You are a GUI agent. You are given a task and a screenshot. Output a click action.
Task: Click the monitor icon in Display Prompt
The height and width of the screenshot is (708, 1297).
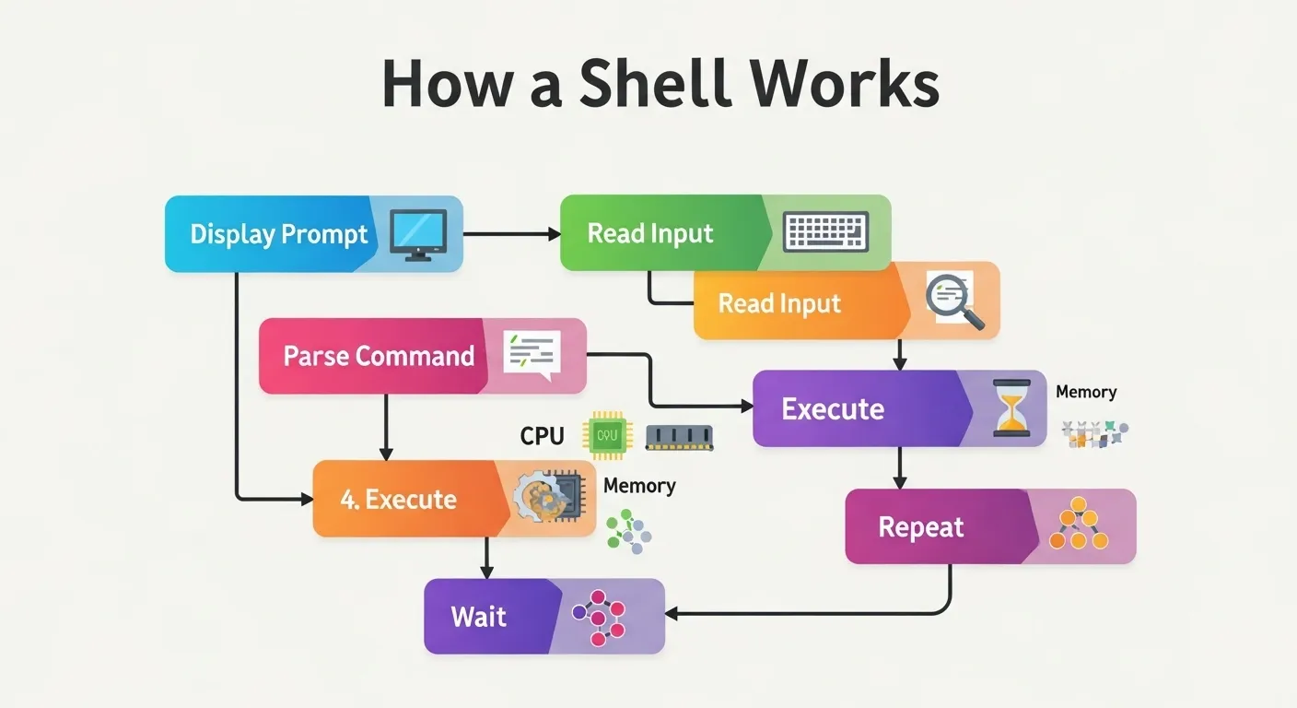tap(418, 233)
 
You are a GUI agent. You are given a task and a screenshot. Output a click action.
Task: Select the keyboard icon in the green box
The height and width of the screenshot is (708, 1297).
tap(825, 232)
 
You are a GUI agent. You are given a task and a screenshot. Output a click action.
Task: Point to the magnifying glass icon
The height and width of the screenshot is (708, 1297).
tap(954, 301)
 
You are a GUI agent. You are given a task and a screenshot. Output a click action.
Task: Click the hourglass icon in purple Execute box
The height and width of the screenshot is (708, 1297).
tap(1011, 407)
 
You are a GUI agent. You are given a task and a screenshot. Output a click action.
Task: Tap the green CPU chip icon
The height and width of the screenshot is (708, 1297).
tap(608, 435)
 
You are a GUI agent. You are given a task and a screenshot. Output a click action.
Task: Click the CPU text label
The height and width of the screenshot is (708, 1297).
tap(542, 436)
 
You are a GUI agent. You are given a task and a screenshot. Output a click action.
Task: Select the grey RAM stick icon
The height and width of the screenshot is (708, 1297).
tap(680, 437)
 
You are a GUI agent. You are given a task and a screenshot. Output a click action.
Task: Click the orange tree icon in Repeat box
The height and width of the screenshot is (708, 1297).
tap(1079, 525)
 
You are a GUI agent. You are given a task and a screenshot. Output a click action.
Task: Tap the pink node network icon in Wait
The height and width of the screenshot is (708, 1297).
tap(599, 616)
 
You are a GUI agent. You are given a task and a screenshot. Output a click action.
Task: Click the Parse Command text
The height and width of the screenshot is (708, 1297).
tap(379, 356)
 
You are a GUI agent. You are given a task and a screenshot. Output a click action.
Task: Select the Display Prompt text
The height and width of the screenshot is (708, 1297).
tap(278, 234)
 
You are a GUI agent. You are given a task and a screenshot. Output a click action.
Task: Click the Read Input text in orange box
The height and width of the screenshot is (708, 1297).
tap(779, 303)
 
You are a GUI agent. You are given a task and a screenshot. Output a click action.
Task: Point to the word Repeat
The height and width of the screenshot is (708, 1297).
tap(920, 527)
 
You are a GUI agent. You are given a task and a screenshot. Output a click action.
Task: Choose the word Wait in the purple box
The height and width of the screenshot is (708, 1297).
tap(478, 617)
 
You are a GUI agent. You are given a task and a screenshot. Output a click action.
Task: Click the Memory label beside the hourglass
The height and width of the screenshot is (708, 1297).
tap(1085, 392)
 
